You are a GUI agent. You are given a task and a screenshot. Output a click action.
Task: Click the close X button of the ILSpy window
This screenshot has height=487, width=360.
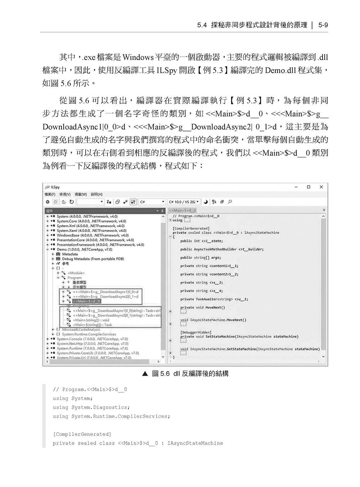point(321,187)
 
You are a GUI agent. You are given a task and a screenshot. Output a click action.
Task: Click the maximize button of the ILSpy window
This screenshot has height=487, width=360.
point(309,187)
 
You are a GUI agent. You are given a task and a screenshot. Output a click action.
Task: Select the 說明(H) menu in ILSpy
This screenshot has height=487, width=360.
point(96,194)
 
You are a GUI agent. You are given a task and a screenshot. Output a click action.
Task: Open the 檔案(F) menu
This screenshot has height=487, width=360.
point(50,194)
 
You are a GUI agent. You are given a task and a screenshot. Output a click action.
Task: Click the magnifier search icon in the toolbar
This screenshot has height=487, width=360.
point(230,202)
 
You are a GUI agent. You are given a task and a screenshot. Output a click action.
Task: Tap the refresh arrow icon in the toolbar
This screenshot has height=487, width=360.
point(72,202)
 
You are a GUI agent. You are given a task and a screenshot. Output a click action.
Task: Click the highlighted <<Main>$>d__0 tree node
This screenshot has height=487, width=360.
point(86,301)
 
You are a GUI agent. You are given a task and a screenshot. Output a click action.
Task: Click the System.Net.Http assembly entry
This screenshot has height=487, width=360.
point(92,344)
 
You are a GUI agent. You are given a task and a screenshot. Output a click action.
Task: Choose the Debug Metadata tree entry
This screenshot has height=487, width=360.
point(93,259)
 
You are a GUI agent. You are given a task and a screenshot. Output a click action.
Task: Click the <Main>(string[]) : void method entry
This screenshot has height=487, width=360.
point(91,320)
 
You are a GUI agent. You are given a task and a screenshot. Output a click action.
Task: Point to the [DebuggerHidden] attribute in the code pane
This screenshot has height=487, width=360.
point(196,332)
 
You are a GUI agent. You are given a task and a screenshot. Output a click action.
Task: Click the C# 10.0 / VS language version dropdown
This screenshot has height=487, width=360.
point(184,202)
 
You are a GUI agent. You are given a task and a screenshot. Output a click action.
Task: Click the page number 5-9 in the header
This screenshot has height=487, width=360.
point(323,25)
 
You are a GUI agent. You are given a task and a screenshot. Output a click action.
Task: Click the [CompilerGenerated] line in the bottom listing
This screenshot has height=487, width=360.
point(82,434)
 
